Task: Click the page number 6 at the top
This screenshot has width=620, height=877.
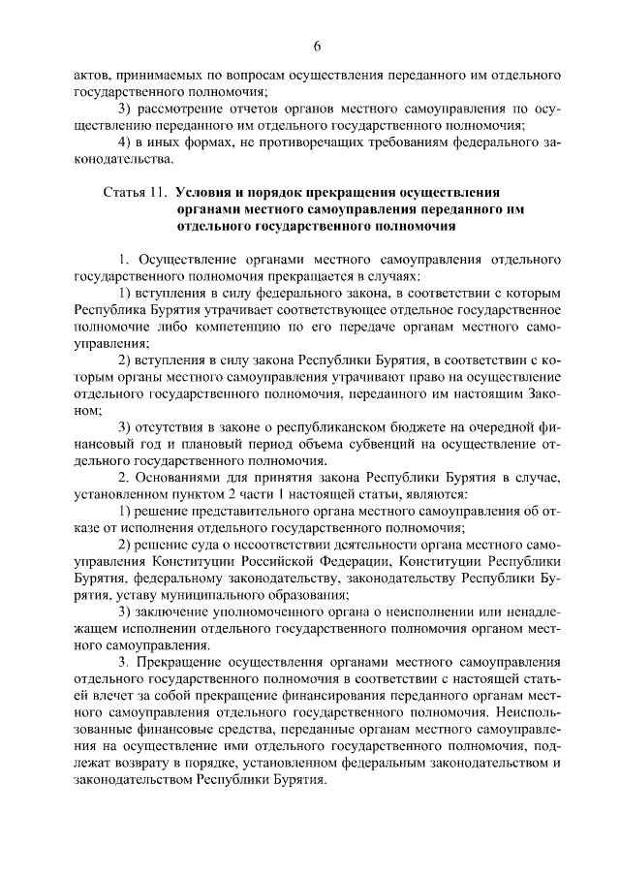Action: [316, 46]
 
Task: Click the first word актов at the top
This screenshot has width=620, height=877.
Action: [91, 74]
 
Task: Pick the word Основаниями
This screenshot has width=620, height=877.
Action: [178, 478]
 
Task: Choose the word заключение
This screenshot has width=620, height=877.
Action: [169, 612]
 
